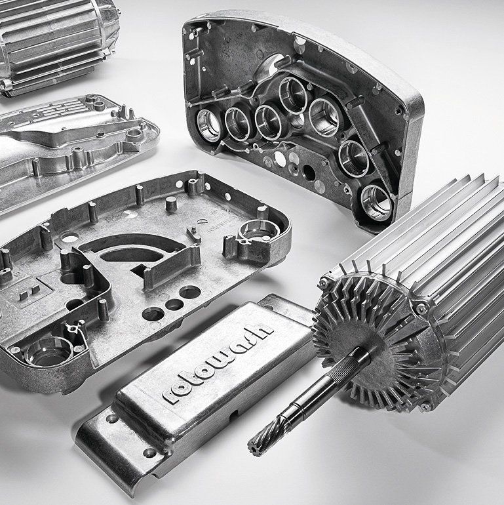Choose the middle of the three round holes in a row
click(x=174, y=304)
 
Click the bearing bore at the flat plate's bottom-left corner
click(x=49, y=350)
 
